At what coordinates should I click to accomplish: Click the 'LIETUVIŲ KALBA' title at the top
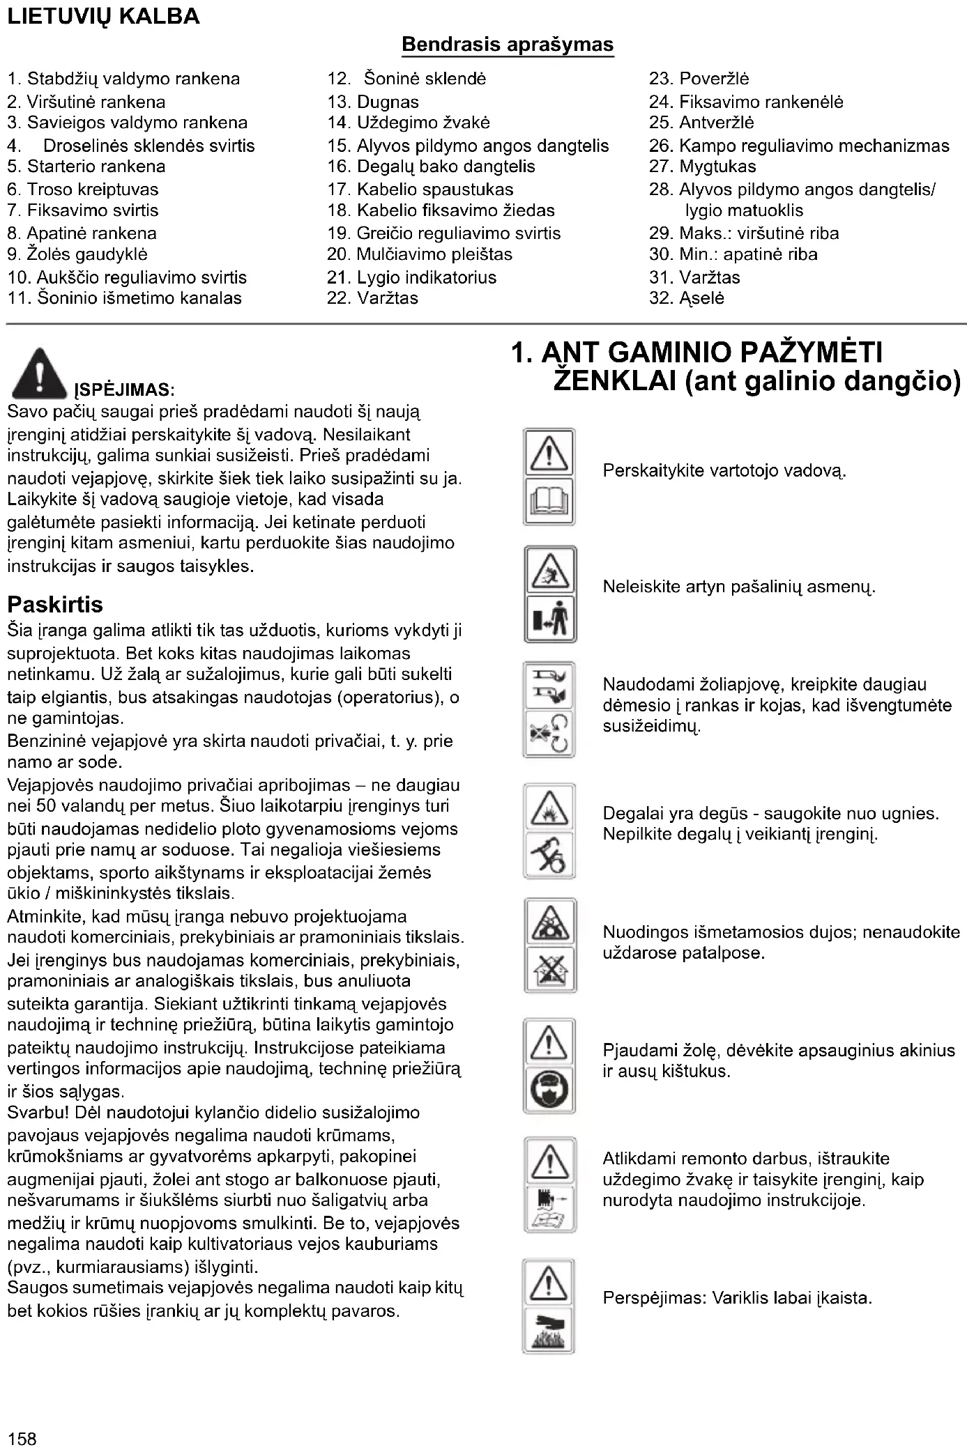103,17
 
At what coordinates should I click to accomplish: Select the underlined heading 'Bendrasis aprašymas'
508,45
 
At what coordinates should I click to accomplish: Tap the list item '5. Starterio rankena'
86,167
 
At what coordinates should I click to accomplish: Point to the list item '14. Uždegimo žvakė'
409,123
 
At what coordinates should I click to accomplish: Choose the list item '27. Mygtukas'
702,167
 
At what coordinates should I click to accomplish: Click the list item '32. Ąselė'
686,298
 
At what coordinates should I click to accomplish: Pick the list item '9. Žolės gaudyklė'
77,254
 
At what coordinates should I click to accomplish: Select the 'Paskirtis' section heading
55,604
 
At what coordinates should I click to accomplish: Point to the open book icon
549,502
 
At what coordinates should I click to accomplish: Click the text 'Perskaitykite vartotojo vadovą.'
724,471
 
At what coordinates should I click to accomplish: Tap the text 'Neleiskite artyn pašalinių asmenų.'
739,587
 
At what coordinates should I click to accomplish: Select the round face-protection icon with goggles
549,1090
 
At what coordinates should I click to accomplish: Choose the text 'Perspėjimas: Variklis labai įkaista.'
738,1298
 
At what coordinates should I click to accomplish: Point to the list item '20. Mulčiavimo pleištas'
420,254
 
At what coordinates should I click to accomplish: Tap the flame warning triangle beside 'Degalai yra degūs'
549,808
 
